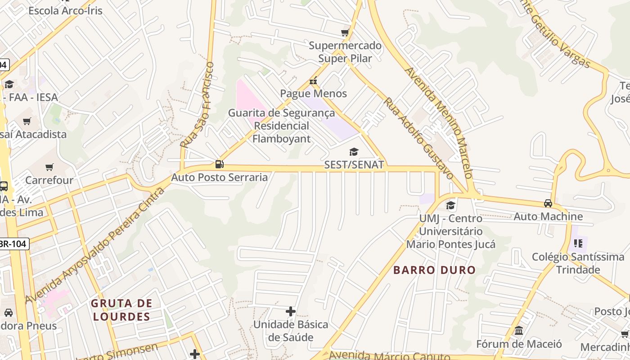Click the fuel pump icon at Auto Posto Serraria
pyautogui.click(x=219, y=164)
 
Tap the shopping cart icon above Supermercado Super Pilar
pyautogui.click(x=345, y=32)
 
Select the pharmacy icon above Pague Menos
pyautogui.click(x=313, y=81)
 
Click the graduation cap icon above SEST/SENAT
pyautogui.click(x=354, y=152)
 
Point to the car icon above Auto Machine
pyautogui.click(x=548, y=203)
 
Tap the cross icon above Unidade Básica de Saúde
pyautogui.click(x=291, y=311)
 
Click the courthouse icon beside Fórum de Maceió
pyautogui.click(x=519, y=331)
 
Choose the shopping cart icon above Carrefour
pyautogui.click(x=49, y=167)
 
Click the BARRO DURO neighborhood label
pyautogui.click(x=434, y=270)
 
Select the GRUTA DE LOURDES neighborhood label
pyautogui.click(x=121, y=310)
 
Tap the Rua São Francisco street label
pyautogui.click(x=198, y=104)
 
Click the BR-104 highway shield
pyautogui.click(x=13, y=244)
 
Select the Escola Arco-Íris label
pyautogui.click(x=65, y=10)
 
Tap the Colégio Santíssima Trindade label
pyautogui.click(x=578, y=263)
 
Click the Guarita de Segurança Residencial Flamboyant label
pyautogui.click(x=281, y=126)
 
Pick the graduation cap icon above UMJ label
pyautogui.click(x=450, y=206)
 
